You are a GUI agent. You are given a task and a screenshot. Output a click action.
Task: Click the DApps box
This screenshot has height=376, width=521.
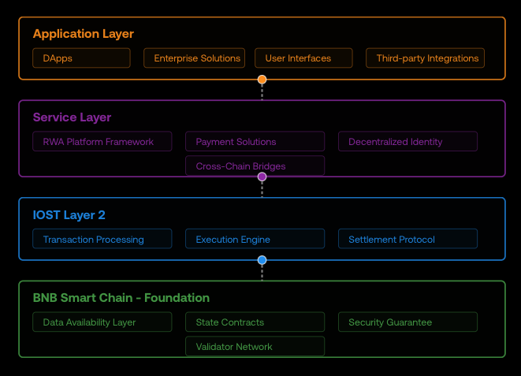click(x=81, y=58)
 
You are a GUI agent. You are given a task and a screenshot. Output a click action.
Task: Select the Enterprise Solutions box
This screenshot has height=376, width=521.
click(x=195, y=58)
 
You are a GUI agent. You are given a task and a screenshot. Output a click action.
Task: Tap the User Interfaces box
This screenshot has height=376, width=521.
click(x=303, y=58)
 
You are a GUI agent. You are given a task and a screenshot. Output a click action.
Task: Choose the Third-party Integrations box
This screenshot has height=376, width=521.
click(x=426, y=58)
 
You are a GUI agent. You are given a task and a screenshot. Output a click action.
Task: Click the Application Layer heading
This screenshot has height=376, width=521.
click(x=84, y=34)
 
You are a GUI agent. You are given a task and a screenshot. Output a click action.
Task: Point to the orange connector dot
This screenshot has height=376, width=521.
click(x=262, y=80)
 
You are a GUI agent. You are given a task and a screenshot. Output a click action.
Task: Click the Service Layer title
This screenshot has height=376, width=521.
click(x=72, y=117)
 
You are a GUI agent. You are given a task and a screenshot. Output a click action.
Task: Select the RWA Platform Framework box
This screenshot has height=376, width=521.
click(x=102, y=142)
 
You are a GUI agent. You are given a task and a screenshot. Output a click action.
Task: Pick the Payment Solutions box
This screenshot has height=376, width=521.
click(x=255, y=142)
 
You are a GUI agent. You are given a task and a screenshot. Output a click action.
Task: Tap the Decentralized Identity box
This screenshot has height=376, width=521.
click(x=408, y=142)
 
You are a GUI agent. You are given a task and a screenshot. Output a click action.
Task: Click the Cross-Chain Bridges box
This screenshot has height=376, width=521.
click(x=255, y=166)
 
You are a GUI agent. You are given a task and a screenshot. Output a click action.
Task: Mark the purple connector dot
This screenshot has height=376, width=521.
click(x=262, y=177)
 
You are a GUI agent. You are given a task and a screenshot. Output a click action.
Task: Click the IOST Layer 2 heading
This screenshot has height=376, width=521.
click(x=69, y=215)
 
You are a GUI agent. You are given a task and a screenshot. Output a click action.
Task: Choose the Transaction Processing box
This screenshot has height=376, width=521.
click(x=102, y=239)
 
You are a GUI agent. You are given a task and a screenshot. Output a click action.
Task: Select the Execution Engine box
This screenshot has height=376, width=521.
click(x=255, y=239)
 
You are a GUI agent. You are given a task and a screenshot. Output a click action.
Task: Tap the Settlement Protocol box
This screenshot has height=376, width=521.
click(x=408, y=239)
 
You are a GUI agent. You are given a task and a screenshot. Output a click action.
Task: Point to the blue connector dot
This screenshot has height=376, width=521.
click(x=262, y=260)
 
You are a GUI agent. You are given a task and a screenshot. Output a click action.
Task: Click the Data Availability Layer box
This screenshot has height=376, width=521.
click(x=102, y=322)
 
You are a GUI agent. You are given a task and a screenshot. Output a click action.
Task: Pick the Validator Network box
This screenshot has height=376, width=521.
click(x=255, y=346)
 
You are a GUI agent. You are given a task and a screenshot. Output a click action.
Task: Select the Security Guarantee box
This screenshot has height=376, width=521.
click(x=408, y=322)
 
